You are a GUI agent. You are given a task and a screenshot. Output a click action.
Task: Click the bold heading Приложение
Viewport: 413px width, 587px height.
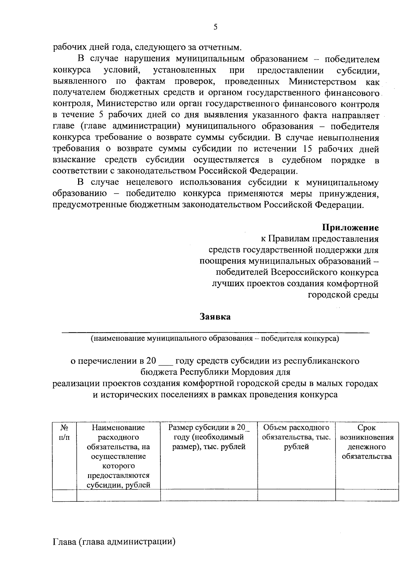pyautogui.click(x=350, y=228)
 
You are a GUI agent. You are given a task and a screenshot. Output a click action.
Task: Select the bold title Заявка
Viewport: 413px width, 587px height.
pyautogui.click(x=215, y=317)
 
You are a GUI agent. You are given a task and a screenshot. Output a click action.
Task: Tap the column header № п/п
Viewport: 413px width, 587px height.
pyautogui.click(x=64, y=433)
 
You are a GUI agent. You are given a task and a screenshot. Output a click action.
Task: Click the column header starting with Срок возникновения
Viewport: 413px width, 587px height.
pyautogui.click(x=367, y=442)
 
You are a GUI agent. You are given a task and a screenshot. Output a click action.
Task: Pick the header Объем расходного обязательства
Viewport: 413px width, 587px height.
pyautogui.click(x=296, y=437)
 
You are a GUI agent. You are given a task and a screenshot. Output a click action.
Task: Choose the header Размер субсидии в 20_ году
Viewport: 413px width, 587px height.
pyautogui.click(x=209, y=437)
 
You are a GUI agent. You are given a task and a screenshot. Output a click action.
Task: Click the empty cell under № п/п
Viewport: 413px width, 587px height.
pyautogui.click(x=64, y=495)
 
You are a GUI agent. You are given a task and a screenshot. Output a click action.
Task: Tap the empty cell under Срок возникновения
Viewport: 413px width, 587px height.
pyautogui.click(x=367, y=495)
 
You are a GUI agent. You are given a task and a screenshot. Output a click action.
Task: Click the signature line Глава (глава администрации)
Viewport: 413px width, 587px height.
pyautogui.click(x=114, y=542)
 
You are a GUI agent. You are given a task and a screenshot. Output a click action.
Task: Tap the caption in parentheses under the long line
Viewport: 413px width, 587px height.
pyautogui.click(x=215, y=339)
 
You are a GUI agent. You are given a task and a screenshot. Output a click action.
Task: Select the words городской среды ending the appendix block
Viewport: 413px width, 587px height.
pyautogui.click(x=343, y=295)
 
